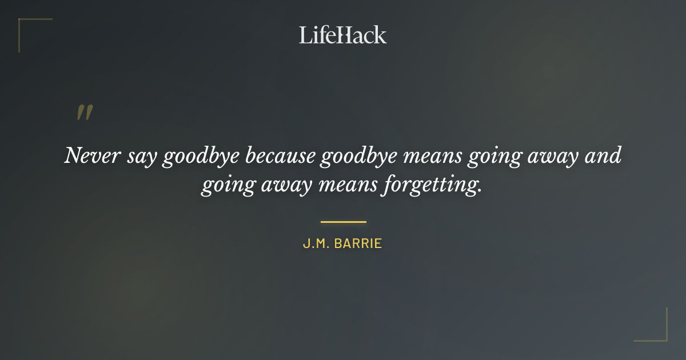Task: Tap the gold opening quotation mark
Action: click(x=84, y=113)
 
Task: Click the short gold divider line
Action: click(x=343, y=222)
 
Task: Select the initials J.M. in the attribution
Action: click(x=314, y=244)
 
